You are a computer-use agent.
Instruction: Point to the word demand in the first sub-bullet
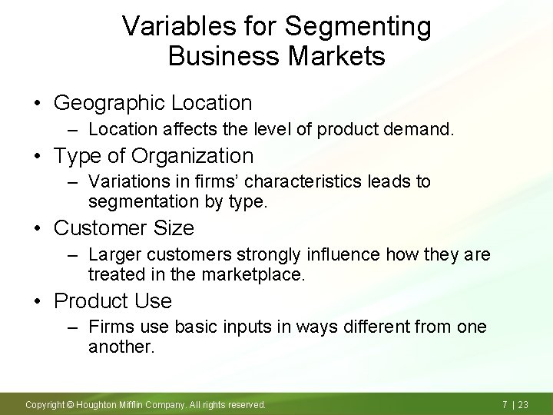420,131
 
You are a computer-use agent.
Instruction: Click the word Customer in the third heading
96,228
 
